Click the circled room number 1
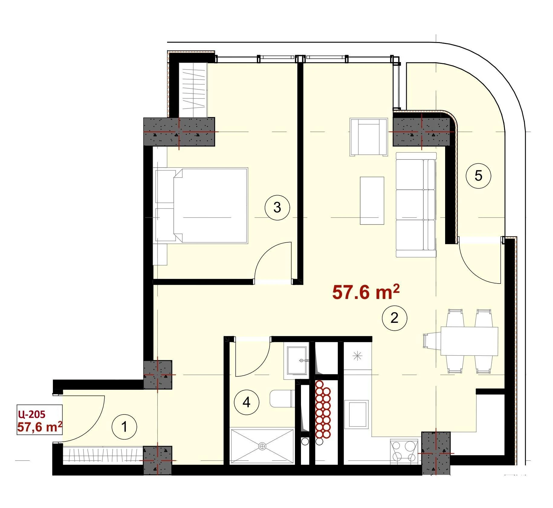click(x=124, y=427)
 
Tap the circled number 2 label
click(x=394, y=318)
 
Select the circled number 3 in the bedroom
click(x=277, y=208)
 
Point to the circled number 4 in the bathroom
click(x=247, y=402)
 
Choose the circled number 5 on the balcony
click(x=478, y=175)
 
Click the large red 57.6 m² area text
click(x=366, y=292)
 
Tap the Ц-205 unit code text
click(x=32, y=413)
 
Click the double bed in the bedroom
click(x=202, y=205)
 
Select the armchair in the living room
click(x=369, y=137)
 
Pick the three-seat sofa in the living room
click(x=416, y=205)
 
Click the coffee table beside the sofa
click(x=372, y=201)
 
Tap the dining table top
click(x=469, y=341)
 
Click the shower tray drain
click(x=262, y=446)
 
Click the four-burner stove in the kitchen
click(x=404, y=451)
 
